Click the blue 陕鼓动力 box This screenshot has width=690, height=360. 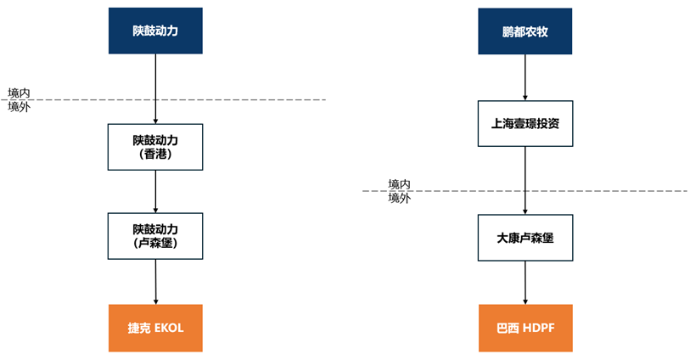[x=155, y=31]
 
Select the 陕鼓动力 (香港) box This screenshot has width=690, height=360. [x=155, y=147]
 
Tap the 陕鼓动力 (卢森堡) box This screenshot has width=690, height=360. [x=155, y=236]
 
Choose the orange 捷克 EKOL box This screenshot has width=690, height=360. [x=155, y=327]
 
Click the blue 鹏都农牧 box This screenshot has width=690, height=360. [x=525, y=31]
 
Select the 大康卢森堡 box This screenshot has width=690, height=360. [x=525, y=237]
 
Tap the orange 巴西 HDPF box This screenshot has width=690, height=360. [x=525, y=327]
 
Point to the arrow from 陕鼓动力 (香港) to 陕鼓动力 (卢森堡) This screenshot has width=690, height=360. [x=155, y=191]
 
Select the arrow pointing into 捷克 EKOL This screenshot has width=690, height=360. [x=155, y=281]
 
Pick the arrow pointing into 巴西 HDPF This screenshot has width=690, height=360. [x=525, y=281]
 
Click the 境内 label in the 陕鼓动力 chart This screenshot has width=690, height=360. [x=20, y=93]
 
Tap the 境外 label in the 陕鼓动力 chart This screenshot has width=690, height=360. [x=20, y=107]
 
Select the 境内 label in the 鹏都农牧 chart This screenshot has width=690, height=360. [x=400, y=184]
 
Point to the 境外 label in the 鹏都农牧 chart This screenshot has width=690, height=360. [x=400, y=198]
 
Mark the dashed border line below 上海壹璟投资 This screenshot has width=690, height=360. [x=611, y=191]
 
